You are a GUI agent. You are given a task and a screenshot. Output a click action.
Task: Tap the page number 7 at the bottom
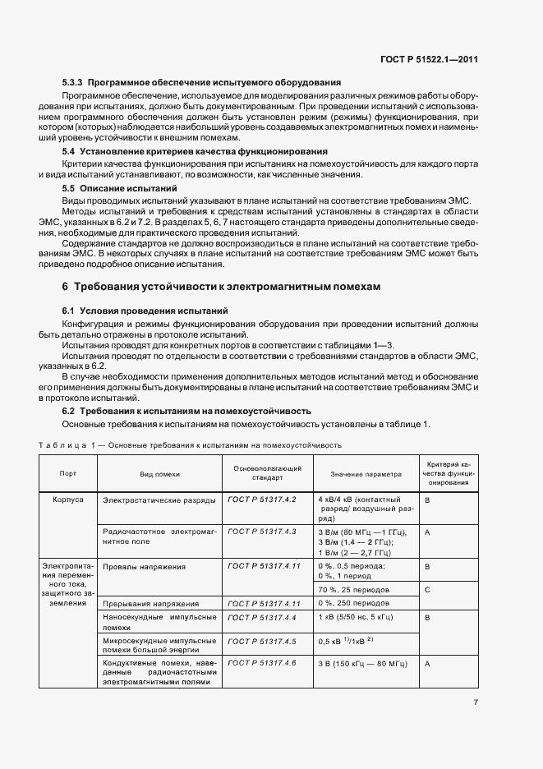click(x=476, y=702)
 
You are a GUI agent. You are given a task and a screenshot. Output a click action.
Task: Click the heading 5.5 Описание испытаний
click(x=120, y=188)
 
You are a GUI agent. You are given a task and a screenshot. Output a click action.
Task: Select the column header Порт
click(x=68, y=474)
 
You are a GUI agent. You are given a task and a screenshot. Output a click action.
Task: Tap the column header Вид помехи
click(x=159, y=474)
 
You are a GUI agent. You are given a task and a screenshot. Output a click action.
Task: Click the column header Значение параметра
click(x=366, y=474)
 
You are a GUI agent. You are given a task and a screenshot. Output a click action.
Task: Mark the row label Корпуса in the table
click(x=68, y=500)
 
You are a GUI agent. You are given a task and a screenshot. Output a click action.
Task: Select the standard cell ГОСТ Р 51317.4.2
click(x=260, y=500)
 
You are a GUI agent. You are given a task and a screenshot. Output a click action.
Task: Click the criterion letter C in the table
click(x=427, y=589)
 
